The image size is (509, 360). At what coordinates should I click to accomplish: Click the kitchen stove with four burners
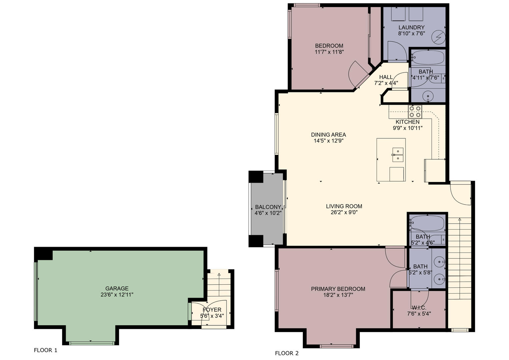415,112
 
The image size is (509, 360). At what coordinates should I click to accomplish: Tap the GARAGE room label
117,288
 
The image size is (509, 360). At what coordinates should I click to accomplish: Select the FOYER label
212,310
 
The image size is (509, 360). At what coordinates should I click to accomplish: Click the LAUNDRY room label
412,27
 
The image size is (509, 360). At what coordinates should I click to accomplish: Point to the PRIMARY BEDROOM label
338,289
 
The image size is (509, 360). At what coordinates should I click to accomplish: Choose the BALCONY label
268,207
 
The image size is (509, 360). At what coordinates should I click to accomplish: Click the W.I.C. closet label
419,308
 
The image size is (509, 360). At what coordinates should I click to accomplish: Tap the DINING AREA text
329,135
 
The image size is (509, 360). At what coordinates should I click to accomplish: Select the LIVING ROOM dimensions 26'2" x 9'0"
344,212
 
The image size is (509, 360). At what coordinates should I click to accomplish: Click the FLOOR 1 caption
45,350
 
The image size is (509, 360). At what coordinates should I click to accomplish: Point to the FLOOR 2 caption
287,353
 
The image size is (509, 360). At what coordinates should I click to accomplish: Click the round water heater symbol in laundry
439,37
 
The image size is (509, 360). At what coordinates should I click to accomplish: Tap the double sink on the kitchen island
398,155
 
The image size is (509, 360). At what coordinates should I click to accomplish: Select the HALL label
386,77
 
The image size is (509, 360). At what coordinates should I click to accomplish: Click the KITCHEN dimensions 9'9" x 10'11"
408,128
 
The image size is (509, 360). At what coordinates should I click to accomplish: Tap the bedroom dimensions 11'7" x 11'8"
329,52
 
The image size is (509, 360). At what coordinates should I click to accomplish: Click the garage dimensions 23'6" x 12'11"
117,295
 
